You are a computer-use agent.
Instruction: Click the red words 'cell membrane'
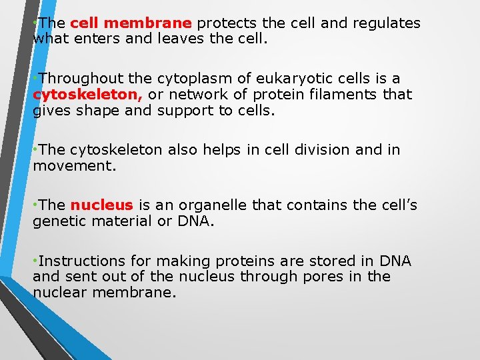pyautogui.click(x=131, y=23)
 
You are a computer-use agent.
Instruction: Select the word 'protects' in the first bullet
pyautogui.click(x=224, y=23)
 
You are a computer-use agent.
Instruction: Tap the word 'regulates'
pyautogui.click(x=387, y=23)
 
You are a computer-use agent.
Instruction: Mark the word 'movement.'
pyautogui.click(x=75, y=165)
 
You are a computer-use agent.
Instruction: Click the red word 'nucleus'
pyautogui.click(x=102, y=205)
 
